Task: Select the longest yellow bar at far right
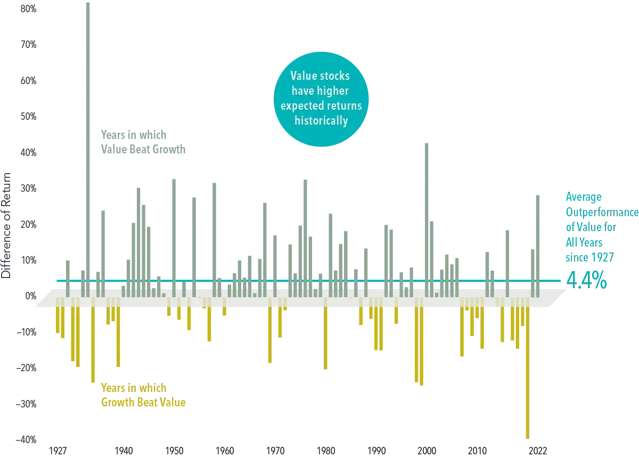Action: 528,373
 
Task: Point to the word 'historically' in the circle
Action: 321,121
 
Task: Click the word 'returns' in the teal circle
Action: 344,106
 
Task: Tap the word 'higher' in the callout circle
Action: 333,91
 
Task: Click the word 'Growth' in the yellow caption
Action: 117,403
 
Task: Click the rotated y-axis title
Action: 7,224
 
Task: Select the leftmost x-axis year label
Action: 58,449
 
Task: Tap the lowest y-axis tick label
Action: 28,439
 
